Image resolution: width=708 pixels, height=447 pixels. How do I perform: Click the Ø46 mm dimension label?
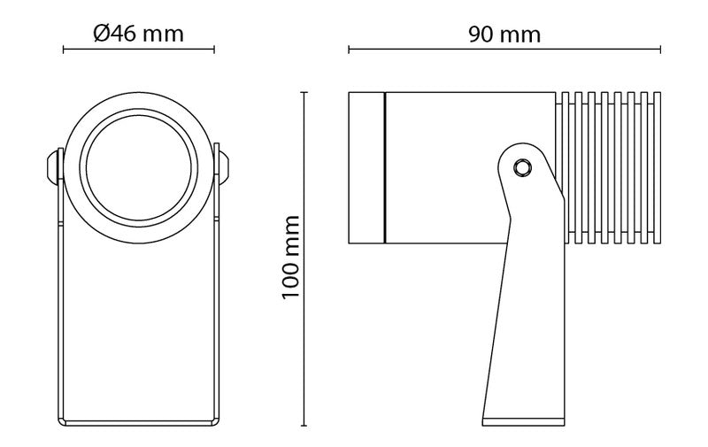coord(138,34)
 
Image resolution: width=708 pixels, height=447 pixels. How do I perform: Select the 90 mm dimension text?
coord(504,34)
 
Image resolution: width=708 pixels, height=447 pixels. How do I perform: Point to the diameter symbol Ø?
coord(101,34)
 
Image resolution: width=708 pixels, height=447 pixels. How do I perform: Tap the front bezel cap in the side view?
coord(366,166)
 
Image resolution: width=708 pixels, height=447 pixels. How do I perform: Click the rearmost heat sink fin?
coord(656,166)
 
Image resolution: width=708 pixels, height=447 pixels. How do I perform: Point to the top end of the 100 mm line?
coord(306,91)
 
